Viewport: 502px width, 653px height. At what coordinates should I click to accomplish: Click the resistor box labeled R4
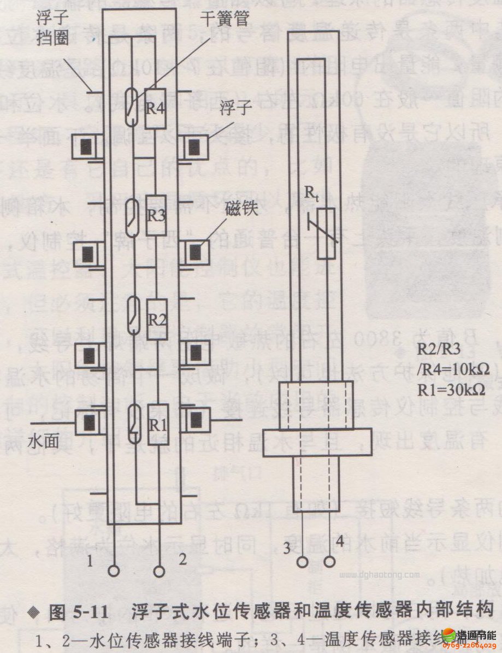[x=156, y=108]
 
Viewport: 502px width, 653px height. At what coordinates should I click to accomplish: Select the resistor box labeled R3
[x=156, y=215]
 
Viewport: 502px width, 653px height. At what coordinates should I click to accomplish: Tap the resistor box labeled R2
[x=156, y=319]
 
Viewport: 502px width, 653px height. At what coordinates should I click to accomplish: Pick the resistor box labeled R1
[x=156, y=423]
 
